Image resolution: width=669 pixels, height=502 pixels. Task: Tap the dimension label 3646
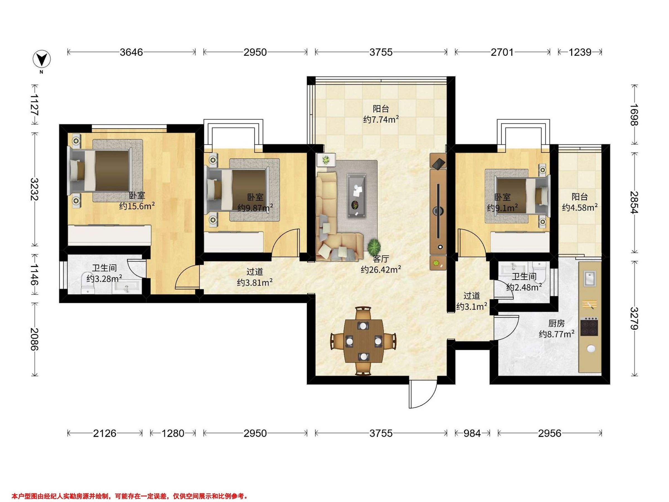tap(131, 52)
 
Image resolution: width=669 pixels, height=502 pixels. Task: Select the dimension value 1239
tap(580, 52)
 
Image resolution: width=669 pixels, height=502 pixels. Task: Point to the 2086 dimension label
tap(35, 339)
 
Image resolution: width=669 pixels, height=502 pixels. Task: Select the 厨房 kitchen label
tap(556, 324)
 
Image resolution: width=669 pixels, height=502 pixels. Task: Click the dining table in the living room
tap(363, 341)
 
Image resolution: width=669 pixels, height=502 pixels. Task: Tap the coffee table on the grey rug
tap(357, 196)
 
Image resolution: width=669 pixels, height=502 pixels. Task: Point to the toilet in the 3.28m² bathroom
tap(88, 283)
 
